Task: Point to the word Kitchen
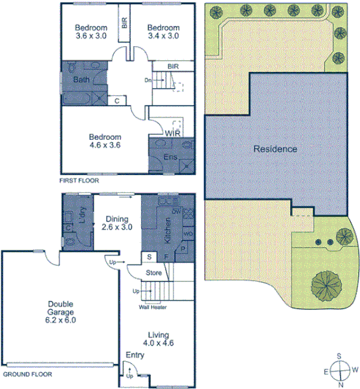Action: tap(168, 230)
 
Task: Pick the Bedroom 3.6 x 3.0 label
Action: tap(92, 31)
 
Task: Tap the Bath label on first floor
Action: tap(81, 80)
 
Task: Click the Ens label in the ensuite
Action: tap(170, 157)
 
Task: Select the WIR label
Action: tap(173, 132)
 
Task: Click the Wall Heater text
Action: tap(158, 306)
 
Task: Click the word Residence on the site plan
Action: tap(275, 149)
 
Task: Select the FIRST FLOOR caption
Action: tap(80, 181)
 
